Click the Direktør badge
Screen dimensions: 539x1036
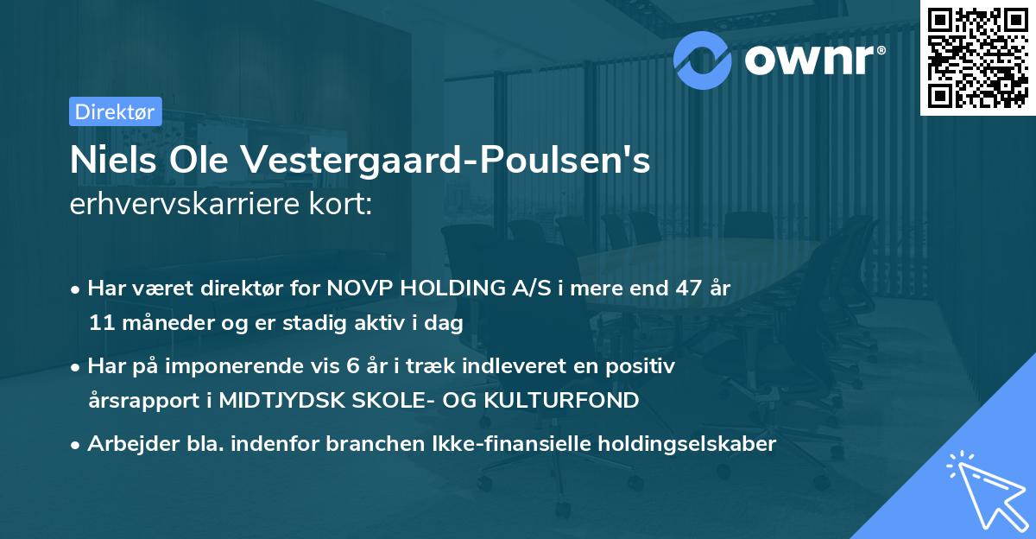tap(114, 111)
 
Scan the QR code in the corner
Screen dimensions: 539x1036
tap(976, 57)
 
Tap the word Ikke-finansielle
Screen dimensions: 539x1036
tap(491, 444)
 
